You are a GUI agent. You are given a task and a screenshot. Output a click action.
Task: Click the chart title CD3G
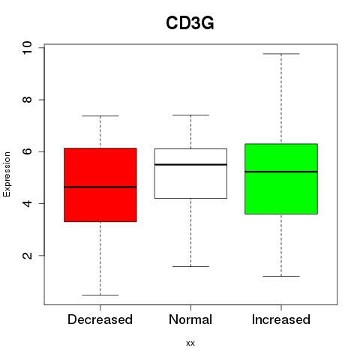pos(190,23)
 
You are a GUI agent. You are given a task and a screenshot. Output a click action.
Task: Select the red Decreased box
pos(100,184)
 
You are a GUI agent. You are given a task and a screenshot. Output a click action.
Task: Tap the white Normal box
pos(190,173)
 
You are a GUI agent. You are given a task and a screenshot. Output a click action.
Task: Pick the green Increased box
pos(281,178)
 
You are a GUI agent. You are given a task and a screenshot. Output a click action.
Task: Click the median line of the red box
pos(100,187)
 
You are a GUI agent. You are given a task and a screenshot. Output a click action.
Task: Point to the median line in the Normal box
pos(190,164)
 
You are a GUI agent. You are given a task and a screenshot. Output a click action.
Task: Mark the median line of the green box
pos(281,172)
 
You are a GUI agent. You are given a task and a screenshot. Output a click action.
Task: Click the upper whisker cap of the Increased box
pos(281,54)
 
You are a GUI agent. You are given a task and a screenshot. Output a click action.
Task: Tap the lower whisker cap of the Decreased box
pos(100,295)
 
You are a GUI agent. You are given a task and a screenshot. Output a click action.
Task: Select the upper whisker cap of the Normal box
pos(190,115)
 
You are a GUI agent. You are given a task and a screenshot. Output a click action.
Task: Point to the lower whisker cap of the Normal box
pos(190,266)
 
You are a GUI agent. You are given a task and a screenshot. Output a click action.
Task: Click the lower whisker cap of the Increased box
pos(281,276)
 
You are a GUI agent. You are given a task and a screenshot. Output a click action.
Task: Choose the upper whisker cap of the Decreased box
pos(100,115)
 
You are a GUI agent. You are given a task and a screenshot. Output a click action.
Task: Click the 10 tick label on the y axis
pos(27,47)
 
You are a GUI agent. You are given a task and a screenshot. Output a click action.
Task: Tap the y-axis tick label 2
pos(27,256)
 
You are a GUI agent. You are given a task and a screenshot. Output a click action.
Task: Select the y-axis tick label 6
pos(27,151)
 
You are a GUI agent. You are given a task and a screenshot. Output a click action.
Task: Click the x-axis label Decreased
pos(100,319)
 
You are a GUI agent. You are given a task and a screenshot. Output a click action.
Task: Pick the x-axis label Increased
pos(281,319)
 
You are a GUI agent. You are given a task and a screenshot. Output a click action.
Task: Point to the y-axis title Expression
pos(7,174)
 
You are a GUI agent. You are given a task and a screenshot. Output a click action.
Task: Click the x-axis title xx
pos(190,343)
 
